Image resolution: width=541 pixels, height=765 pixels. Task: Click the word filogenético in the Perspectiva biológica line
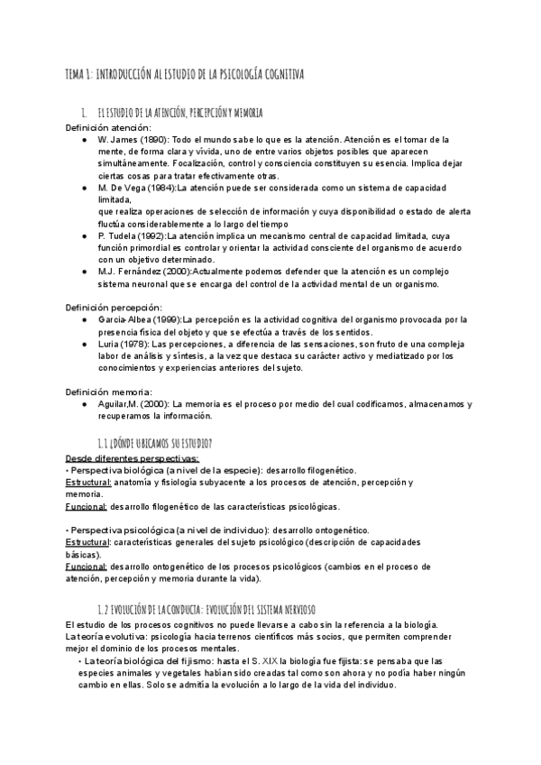click(x=326, y=470)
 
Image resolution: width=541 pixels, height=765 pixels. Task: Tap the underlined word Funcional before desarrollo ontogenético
click(x=86, y=566)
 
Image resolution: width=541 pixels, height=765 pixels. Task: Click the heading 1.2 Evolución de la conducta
click(x=206, y=610)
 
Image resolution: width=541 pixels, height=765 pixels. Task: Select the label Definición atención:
click(x=106, y=127)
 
